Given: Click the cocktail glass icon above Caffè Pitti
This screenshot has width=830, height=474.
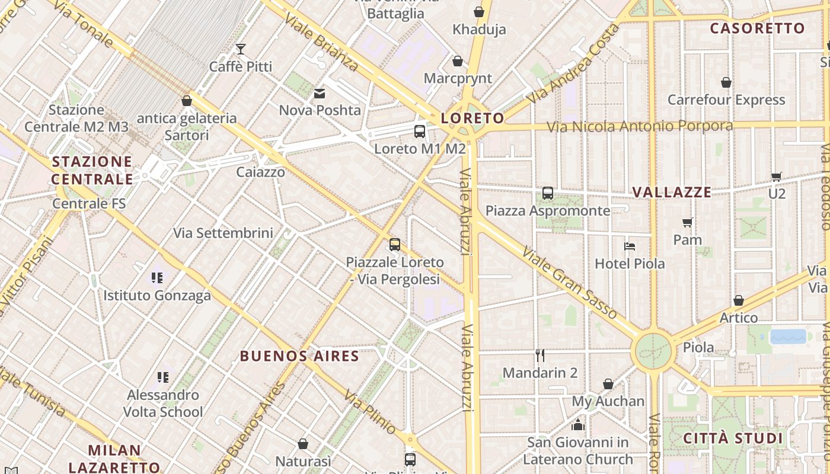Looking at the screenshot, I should pyautogui.click(x=241, y=49).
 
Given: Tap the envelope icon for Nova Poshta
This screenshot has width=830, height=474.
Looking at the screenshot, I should pyautogui.click(x=320, y=93).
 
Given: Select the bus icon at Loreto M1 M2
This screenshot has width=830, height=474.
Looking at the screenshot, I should pyautogui.click(x=420, y=132).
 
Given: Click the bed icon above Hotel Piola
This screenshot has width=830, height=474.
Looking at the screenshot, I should pyautogui.click(x=630, y=246).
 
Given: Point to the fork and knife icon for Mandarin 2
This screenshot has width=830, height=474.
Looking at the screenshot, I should pyautogui.click(x=540, y=355).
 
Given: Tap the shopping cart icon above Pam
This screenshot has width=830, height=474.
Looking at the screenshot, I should pyautogui.click(x=688, y=223).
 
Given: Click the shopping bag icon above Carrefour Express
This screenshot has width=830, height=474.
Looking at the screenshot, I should pyautogui.click(x=726, y=82).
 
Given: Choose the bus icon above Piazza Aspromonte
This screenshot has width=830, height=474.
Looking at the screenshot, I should pyautogui.click(x=548, y=193).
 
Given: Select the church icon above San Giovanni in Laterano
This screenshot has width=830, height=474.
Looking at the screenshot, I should pyautogui.click(x=578, y=425).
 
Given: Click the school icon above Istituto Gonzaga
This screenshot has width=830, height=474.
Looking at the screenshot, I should pyautogui.click(x=157, y=277).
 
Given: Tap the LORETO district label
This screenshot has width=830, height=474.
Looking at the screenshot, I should pyautogui.click(x=473, y=118).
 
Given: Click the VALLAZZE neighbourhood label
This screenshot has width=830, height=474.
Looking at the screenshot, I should pyautogui.click(x=672, y=192).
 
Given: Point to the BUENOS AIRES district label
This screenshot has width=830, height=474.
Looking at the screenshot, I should pyautogui.click(x=299, y=356).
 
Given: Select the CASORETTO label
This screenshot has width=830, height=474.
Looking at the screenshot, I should pyautogui.click(x=758, y=28).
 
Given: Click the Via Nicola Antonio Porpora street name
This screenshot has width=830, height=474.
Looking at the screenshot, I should pyautogui.click(x=639, y=126).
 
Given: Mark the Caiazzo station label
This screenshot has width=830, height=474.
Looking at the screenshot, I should pyautogui.click(x=260, y=172).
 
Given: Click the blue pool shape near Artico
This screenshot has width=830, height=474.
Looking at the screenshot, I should pyautogui.click(x=788, y=337).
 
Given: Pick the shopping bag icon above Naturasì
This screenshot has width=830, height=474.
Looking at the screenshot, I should pyautogui.click(x=303, y=444).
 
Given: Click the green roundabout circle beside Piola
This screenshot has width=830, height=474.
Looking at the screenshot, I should pyautogui.click(x=653, y=352).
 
